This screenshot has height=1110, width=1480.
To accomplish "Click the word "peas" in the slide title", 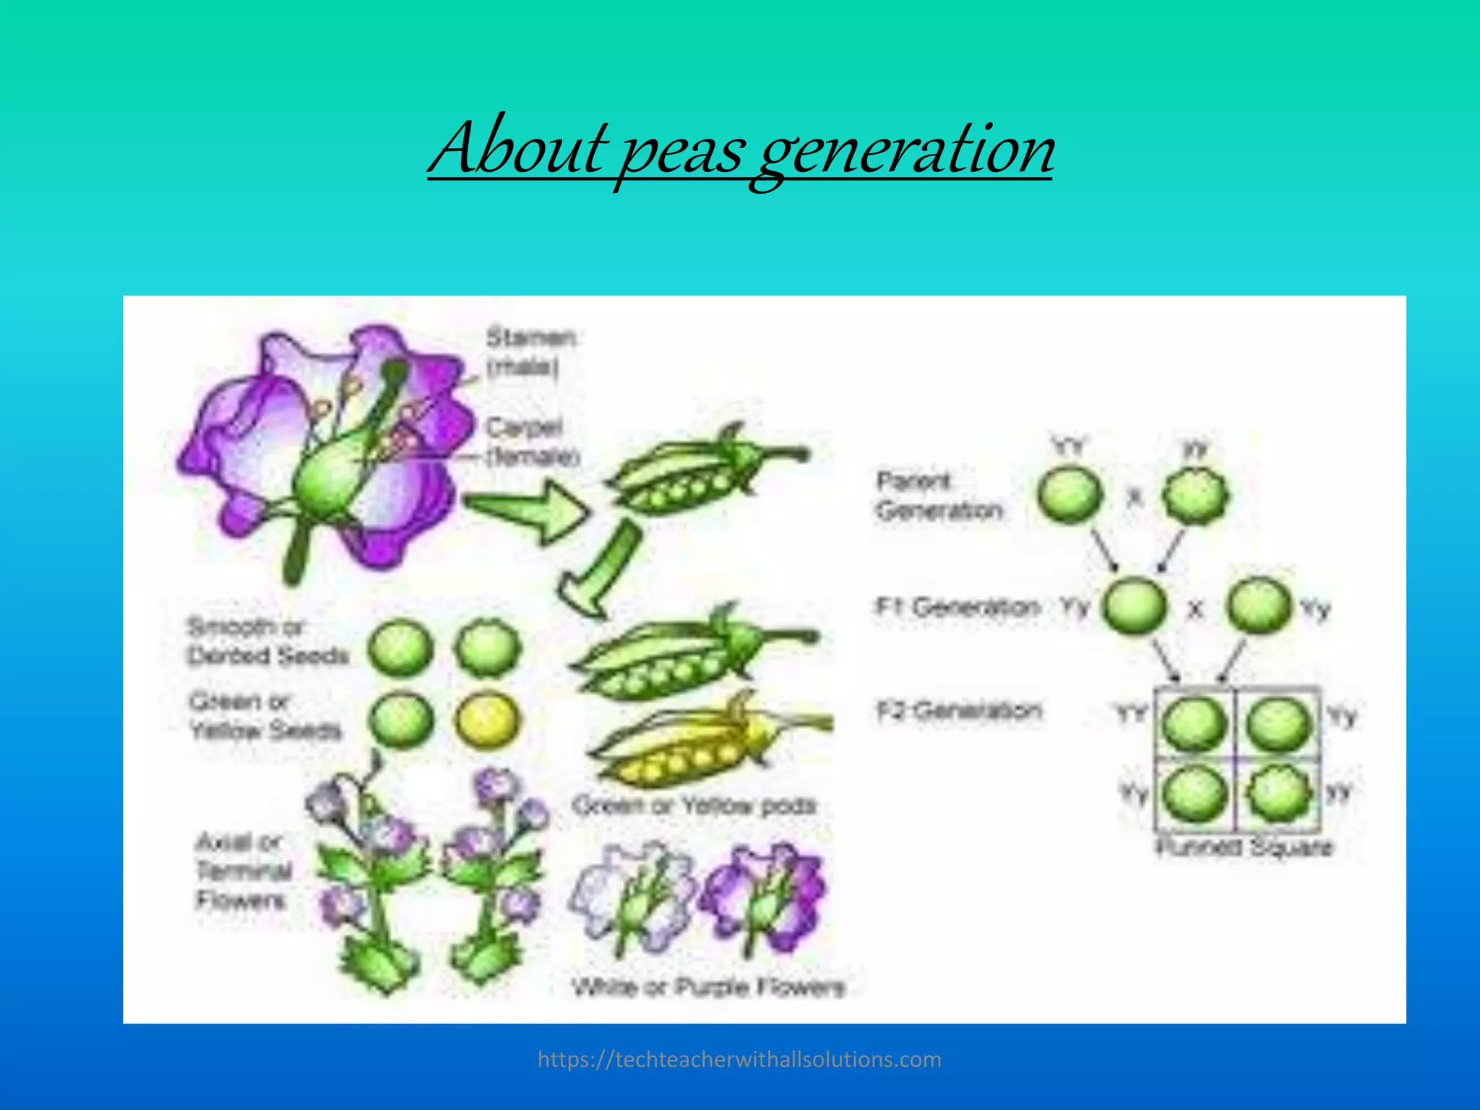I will (x=682, y=150).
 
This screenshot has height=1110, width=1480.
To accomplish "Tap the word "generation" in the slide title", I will (x=905, y=150).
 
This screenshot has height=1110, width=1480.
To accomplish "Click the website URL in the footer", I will (x=739, y=1059).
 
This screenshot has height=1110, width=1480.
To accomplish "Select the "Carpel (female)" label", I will (x=533, y=442).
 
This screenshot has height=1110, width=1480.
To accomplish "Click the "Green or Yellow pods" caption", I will (x=694, y=805).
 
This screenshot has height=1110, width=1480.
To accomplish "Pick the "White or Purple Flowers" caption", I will (x=708, y=986).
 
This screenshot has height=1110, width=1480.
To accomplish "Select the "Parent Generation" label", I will (x=938, y=496).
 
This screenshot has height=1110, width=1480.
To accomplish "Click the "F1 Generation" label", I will (x=958, y=606).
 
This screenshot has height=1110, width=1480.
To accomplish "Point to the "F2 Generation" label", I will (x=959, y=710).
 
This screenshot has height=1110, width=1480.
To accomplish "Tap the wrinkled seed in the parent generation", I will (x=1195, y=496).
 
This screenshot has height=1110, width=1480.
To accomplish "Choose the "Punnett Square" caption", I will (x=1244, y=847).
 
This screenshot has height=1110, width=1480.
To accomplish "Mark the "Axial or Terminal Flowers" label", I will (x=242, y=871).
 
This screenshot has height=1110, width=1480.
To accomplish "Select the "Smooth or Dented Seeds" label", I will (x=267, y=642).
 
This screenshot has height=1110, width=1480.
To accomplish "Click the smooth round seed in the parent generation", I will (x=1070, y=496).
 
